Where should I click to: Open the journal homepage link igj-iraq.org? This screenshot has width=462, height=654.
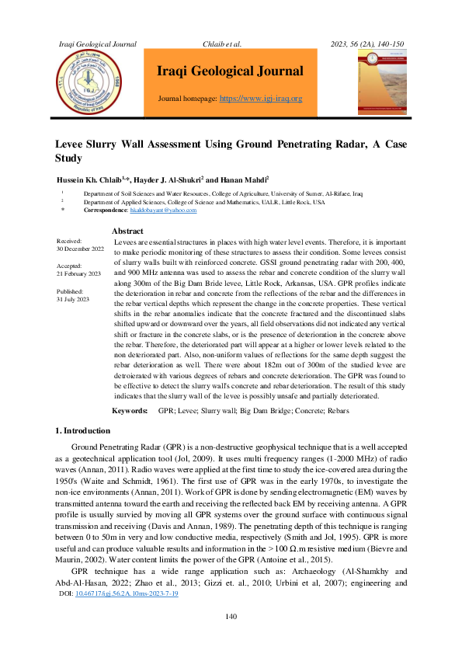(x=261, y=99)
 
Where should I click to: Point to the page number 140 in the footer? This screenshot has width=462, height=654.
(x=231, y=638)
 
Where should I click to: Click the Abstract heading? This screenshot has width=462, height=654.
(x=127, y=231)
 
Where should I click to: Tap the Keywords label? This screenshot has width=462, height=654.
(x=130, y=410)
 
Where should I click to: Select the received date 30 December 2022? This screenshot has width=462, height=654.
(x=80, y=249)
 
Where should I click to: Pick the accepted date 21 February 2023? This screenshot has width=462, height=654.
(x=78, y=274)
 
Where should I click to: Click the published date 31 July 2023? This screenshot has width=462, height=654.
(x=73, y=299)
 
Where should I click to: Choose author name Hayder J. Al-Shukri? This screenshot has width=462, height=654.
(x=167, y=179)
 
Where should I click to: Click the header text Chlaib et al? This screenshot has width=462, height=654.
(x=222, y=43)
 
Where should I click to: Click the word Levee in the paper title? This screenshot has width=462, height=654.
(x=71, y=144)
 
